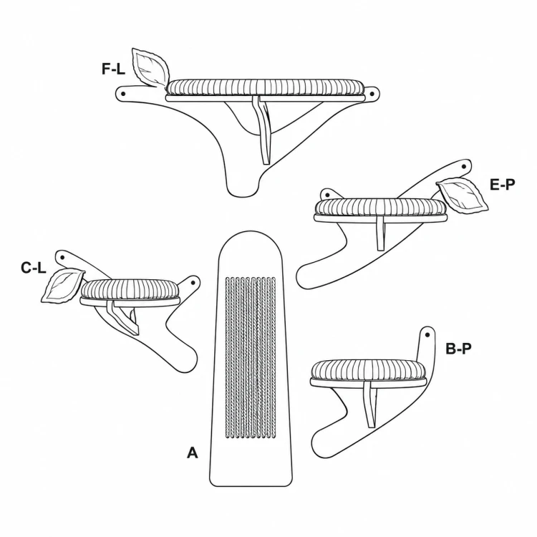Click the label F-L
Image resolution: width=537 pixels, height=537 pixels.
(x=113, y=69)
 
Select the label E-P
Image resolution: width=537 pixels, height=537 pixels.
(x=502, y=185)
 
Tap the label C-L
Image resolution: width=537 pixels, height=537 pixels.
(x=33, y=268)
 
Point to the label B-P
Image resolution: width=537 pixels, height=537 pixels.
(x=458, y=349)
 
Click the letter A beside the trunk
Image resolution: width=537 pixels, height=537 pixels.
(x=193, y=453)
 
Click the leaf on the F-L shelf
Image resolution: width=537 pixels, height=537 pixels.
(x=150, y=67)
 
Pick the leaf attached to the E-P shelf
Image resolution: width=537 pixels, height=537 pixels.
(x=463, y=195)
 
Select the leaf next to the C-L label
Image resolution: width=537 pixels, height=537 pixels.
(x=62, y=285)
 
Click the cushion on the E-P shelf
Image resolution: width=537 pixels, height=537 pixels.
(x=381, y=206)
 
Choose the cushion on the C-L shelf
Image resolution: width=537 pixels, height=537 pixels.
(x=130, y=289)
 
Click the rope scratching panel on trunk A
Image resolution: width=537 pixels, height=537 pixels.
(x=251, y=357)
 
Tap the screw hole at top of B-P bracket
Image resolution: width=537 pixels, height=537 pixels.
(x=427, y=334)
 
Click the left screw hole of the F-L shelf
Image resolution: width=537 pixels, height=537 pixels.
(x=123, y=93)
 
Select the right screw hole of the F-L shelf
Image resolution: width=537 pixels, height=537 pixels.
(x=372, y=93)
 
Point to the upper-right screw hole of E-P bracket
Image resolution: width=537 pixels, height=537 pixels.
(x=464, y=166)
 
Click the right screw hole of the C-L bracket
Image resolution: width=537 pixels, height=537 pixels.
(x=193, y=283)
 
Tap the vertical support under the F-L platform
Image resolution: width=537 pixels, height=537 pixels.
(x=264, y=130)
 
